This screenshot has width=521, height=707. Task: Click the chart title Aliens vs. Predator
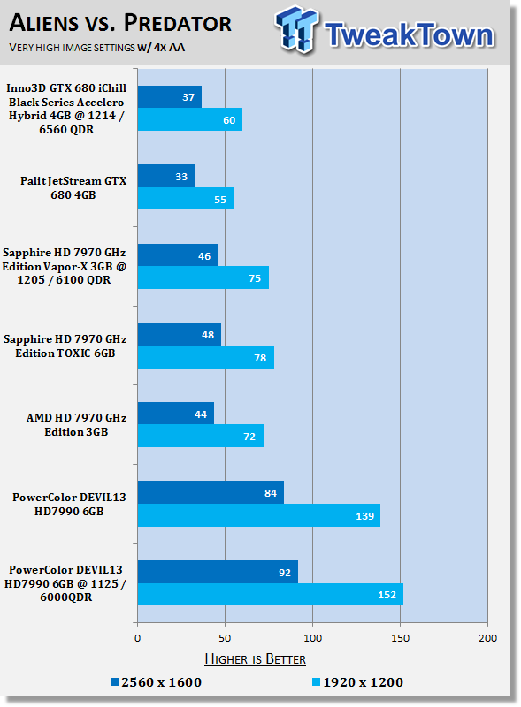(x=120, y=23)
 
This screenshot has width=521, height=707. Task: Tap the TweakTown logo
(x=385, y=30)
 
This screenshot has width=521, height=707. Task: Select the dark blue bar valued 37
(x=169, y=97)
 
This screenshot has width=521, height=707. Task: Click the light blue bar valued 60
(x=189, y=119)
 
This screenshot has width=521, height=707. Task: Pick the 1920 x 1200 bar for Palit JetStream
(x=186, y=198)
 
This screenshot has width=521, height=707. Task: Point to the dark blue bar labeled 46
(x=178, y=255)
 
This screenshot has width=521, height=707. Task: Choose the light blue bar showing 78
(x=206, y=357)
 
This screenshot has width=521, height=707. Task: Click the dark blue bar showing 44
(x=176, y=414)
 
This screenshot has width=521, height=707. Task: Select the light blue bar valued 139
(x=258, y=515)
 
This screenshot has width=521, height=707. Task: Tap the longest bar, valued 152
(x=271, y=594)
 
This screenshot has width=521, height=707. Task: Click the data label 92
(x=285, y=572)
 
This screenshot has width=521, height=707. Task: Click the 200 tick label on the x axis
(x=487, y=638)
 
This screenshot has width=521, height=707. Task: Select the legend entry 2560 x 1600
(x=157, y=682)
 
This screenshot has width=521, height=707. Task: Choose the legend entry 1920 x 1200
(x=358, y=682)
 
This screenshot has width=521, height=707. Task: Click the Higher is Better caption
(x=255, y=658)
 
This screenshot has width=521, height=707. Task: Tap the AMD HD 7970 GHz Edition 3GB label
(x=76, y=425)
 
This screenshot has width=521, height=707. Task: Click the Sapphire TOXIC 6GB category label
(x=65, y=346)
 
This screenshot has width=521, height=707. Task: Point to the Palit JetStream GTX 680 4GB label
(x=73, y=187)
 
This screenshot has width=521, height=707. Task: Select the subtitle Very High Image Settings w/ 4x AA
(x=96, y=48)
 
